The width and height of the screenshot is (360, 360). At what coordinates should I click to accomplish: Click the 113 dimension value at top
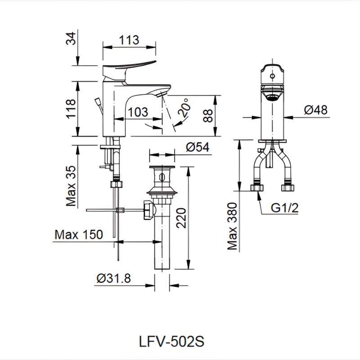[x=129, y=40]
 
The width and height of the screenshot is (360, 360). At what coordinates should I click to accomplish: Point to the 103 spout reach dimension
[x=139, y=112]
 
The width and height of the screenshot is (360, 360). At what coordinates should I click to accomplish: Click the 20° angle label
[x=183, y=108]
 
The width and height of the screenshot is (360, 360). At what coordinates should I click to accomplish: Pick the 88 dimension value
[x=207, y=115]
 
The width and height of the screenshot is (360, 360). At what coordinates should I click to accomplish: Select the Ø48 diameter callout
[x=315, y=110]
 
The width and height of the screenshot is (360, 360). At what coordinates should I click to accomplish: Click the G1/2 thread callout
[x=285, y=208]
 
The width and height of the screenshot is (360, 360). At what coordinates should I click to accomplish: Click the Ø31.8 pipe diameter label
[x=113, y=279]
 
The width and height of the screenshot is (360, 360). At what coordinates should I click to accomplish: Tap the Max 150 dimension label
[x=78, y=234]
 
